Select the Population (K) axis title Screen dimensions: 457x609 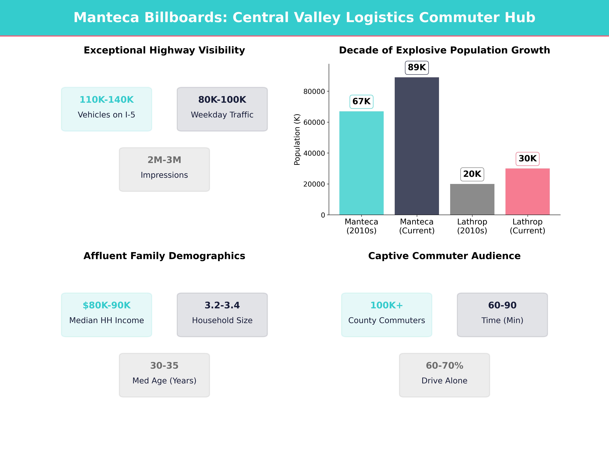[x=297, y=139]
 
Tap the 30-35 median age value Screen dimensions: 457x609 [x=164, y=366]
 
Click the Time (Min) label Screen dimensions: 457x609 [x=502, y=320]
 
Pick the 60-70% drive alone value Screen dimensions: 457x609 [x=444, y=366]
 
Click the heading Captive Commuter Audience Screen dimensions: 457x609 [x=444, y=256]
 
